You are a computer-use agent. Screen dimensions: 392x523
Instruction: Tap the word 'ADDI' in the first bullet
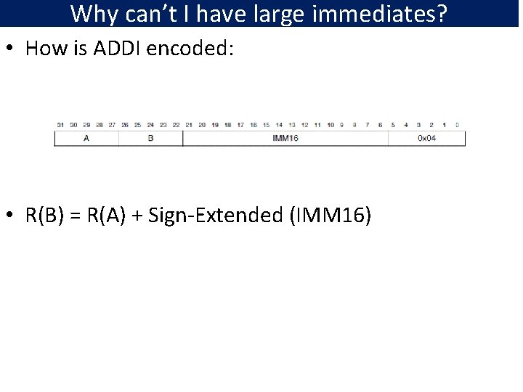point(116,49)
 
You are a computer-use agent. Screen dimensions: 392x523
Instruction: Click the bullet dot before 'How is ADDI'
point(13,49)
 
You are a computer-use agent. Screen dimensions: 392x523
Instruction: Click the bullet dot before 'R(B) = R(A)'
point(13,216)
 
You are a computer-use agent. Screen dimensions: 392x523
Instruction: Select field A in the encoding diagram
point(86,138)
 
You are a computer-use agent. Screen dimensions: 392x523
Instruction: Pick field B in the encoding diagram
point(150,138)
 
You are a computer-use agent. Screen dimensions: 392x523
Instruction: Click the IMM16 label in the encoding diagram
point(285,138)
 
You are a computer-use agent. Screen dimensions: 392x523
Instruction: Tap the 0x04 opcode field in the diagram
point(426,138)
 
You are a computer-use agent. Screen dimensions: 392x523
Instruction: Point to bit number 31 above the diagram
point(60,125)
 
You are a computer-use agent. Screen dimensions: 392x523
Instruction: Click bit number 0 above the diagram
point(457,125)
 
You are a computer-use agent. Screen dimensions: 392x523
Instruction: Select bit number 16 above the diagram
point(252,125)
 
